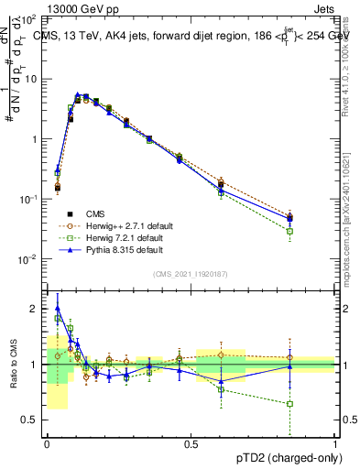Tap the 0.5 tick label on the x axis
191,443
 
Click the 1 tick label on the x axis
334,443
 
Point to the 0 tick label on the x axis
47,443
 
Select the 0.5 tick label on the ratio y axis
31,420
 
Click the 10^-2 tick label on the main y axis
27,259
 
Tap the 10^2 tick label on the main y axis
29,19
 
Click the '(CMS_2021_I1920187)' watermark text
191,273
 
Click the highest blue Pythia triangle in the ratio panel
58,309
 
